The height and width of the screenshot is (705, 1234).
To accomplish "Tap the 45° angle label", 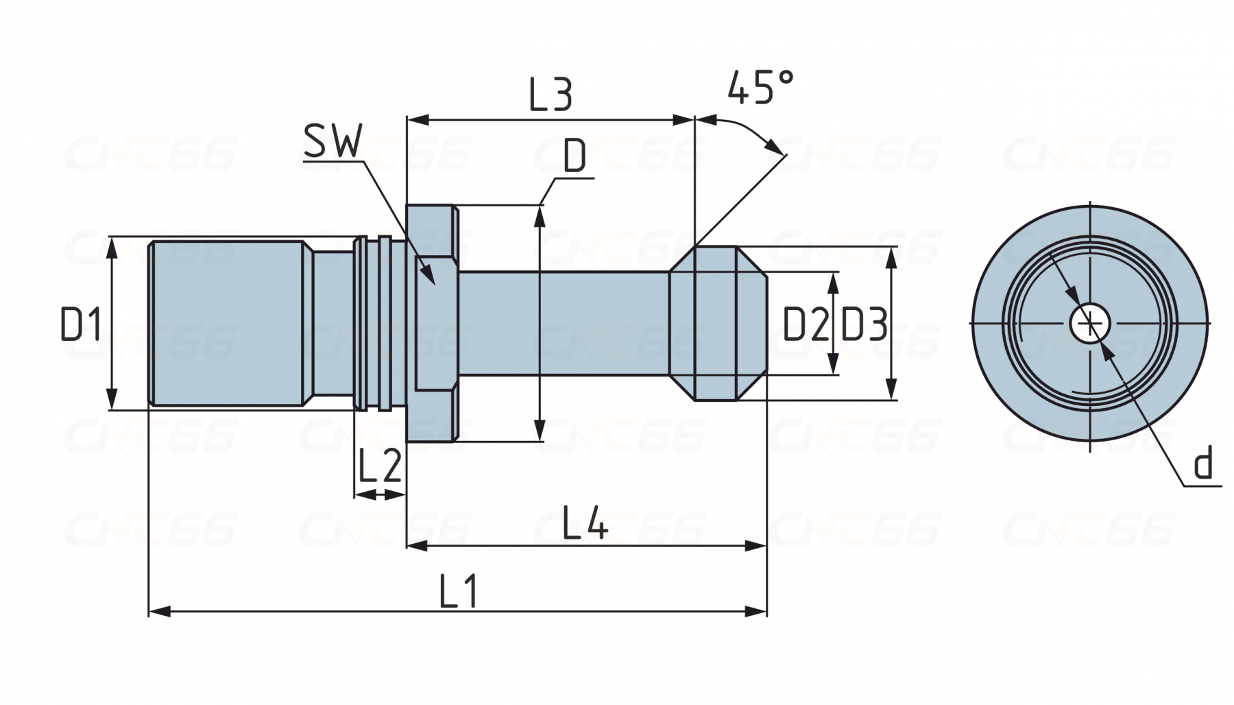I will coord(760,87).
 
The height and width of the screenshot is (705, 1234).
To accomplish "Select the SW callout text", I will coord(332,143).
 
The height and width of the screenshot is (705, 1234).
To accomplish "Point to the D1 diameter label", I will coord(81,324).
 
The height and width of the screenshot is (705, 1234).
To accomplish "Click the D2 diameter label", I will coord(806,324).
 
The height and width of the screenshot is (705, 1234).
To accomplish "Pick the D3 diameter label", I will coord(864,324).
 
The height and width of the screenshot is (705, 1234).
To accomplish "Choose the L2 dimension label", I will coord(379,466).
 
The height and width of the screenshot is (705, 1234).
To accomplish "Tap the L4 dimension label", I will coord(585,523).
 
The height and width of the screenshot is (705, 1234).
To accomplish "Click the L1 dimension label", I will coord(458,591).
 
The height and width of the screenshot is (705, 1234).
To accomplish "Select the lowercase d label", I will coord(1203,464).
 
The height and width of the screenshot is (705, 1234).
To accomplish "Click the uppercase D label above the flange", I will coord(574,157).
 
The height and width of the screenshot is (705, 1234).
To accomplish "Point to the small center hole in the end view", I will coord(1090,323).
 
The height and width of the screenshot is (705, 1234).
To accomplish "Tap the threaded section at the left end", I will coord(226,323).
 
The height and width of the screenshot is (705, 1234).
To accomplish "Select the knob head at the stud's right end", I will coord(716,323).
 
